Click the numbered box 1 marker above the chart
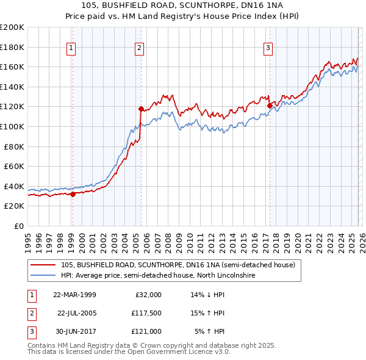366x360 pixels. [x=71, y=48]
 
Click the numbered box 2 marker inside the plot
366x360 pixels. [x=140, y=48]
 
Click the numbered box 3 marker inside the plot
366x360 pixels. [x=268, y=48]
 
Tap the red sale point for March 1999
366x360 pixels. [x=73, y=194]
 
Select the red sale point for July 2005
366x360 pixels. [x=141, y=110]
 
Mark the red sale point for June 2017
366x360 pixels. [x=270, y=106]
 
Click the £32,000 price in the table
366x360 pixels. [x=148, y=295]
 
